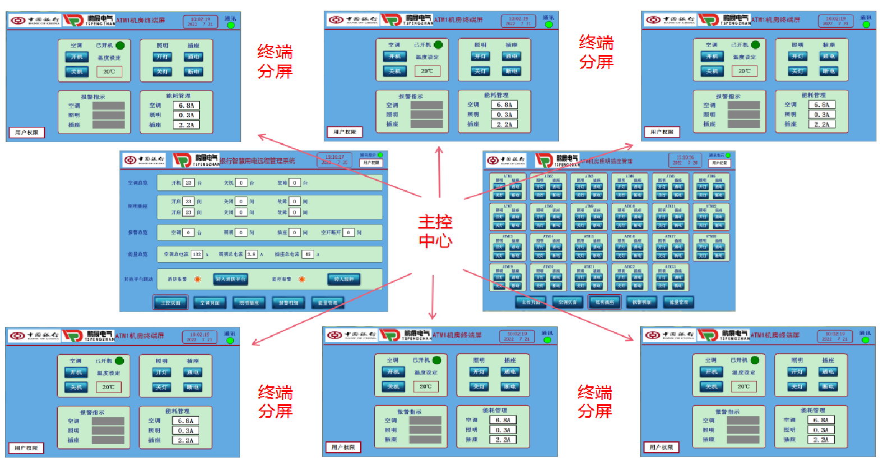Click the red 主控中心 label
pyautogui.click(x=435, y=231)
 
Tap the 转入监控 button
pyautogui.click(x=343, y=279)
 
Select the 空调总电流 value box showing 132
pyautogui.click(x=197, y=254)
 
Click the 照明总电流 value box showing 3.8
pyautogui.click(x=251, y=254)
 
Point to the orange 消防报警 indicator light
pyautogui.click(x=198, y=279)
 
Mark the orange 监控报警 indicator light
pyautogui.click(x=302, y=279)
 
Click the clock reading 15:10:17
pyautogui.click(x=335, y=157)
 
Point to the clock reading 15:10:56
pyautogui.click(x=685, y=158)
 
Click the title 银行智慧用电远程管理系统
pyautogui.click(x=257, y=161)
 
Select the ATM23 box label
pyautogui.click(x=670, y=267)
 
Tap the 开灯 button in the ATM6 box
pyautogui.click(x=702, y=187)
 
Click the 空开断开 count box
pyautogui.click(x=348, y=232)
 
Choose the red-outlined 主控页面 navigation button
pyautogui.click(x=171, y=303)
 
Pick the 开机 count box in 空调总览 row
pyautogui.click(x=189, y=183)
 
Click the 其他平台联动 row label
pyautogui.click(x=139, y=279)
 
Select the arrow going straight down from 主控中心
pyautogui.click(x=433, y=298)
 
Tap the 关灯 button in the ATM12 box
pyautogui.click(x=702, y=225)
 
